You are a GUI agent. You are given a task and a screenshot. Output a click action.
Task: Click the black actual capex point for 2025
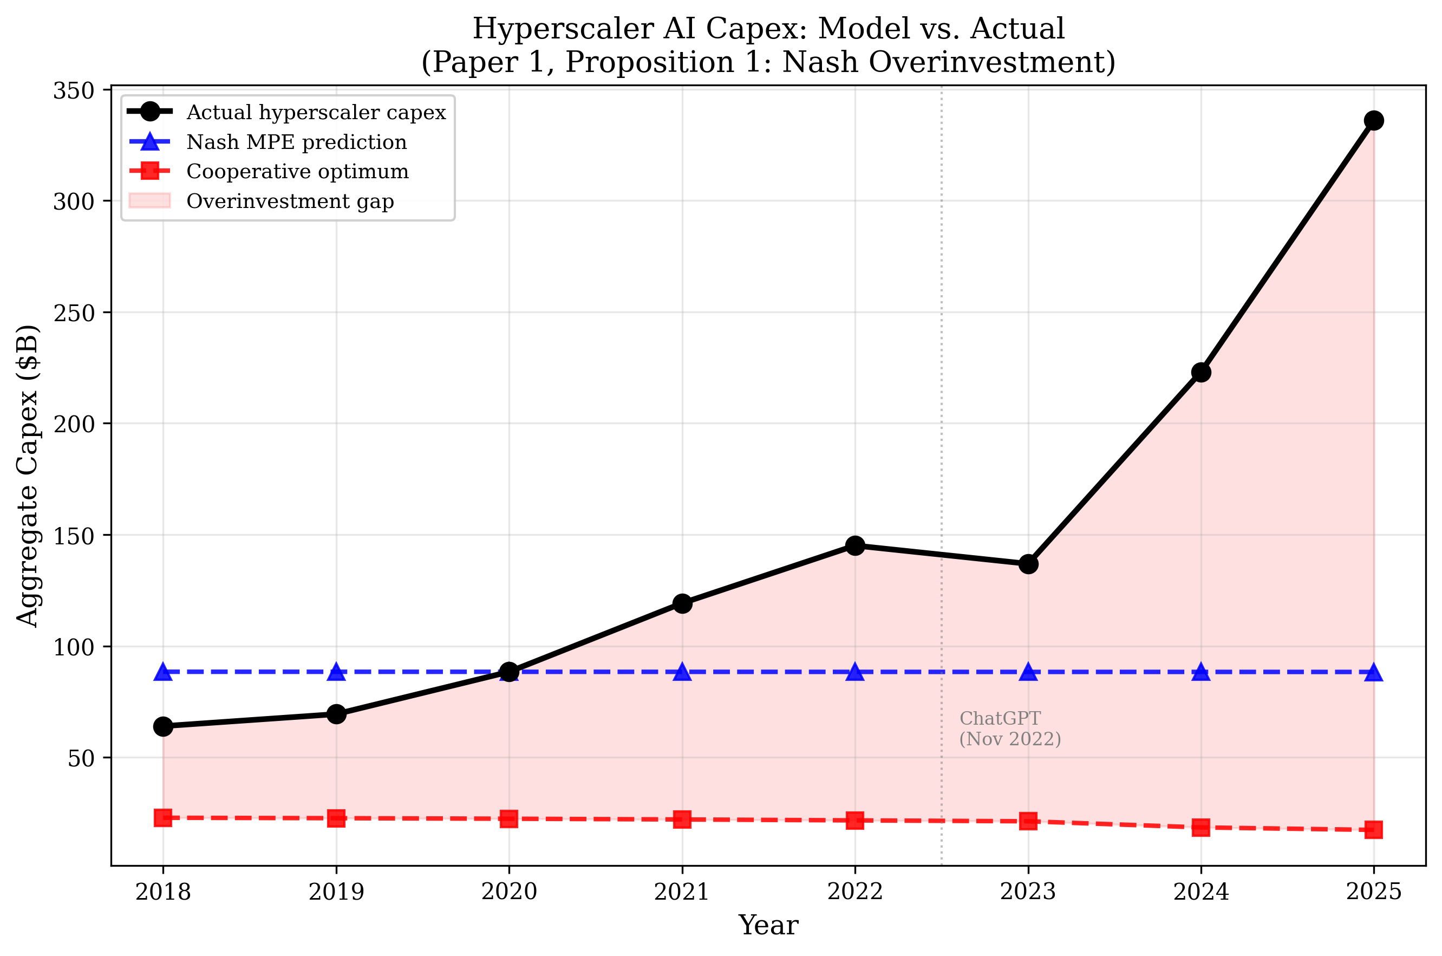pos(1373,120)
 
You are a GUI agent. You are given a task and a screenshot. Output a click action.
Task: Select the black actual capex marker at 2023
pos(1028,564)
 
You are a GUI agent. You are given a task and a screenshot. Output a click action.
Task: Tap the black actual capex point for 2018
pos(163,726)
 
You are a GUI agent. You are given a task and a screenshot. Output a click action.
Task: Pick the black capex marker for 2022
pos(855,545)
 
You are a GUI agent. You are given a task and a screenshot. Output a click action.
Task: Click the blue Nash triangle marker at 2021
pos(682,672)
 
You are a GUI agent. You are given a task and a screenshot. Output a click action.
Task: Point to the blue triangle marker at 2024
pos(1200,672)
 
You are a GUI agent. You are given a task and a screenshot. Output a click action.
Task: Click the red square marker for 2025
pos(1373,829)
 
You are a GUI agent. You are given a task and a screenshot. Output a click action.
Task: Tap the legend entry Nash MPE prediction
pos(296,142)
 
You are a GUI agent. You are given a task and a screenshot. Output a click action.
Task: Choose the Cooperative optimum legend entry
pos(297,171)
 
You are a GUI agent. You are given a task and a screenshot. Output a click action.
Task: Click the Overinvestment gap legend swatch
pos(149,200)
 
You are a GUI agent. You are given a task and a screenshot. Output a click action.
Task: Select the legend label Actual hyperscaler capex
pos(316,112)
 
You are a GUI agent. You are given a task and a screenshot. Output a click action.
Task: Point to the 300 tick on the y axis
pos(74,201)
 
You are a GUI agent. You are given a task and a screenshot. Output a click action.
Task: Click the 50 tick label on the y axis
pos(81,758)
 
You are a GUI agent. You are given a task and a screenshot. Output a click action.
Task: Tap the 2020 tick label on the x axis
pos(509,892)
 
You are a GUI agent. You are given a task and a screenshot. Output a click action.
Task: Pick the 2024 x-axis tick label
pos(1200,892)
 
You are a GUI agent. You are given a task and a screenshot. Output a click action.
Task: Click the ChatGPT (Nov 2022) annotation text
pos(1009,729)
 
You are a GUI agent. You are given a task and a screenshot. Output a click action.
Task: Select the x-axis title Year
pos(768,926)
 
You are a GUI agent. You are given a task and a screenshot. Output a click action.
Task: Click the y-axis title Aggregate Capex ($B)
pos(28,476)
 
